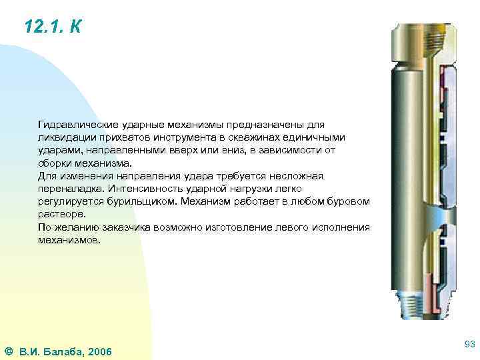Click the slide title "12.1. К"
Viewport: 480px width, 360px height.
pyautogui.click(x=53, y=27)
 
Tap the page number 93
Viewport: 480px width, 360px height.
pyautogui.click(x=469, y=344)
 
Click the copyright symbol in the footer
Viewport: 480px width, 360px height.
pyautogui.click(x=8, y=351)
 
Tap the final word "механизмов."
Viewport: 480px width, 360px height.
pyautogui.click(x=69, y=239)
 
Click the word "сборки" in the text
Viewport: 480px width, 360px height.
pyautogui.click(x=53, y=163)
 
